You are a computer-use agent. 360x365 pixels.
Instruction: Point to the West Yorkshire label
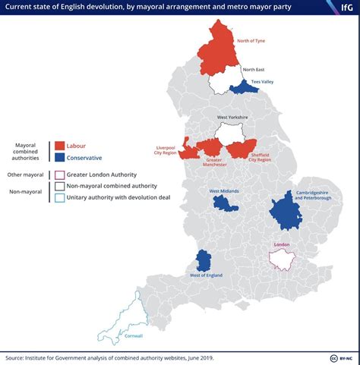pyautogui.click(x=232, y=118)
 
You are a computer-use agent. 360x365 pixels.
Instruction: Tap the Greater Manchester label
pyautogui.click(x=215, y=162)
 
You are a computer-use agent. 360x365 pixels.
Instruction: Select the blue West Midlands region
pyautogui.click(x=224, y=203)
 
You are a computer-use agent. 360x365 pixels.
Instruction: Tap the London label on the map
pyautogui.click(x=281, y=245)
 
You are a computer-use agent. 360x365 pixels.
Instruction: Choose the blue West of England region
pyautogui.click(x=204, y=260)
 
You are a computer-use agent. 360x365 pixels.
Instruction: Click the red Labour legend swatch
pyautogui.click(x=58, y=146)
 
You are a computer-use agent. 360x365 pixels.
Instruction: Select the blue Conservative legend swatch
pyautogui.click(x=58, y=158)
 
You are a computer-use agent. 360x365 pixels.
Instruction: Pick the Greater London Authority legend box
pyautogui.click(x=59, y=175)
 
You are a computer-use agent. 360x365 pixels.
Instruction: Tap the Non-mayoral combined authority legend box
pyautogui.click(x=59, y=186)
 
